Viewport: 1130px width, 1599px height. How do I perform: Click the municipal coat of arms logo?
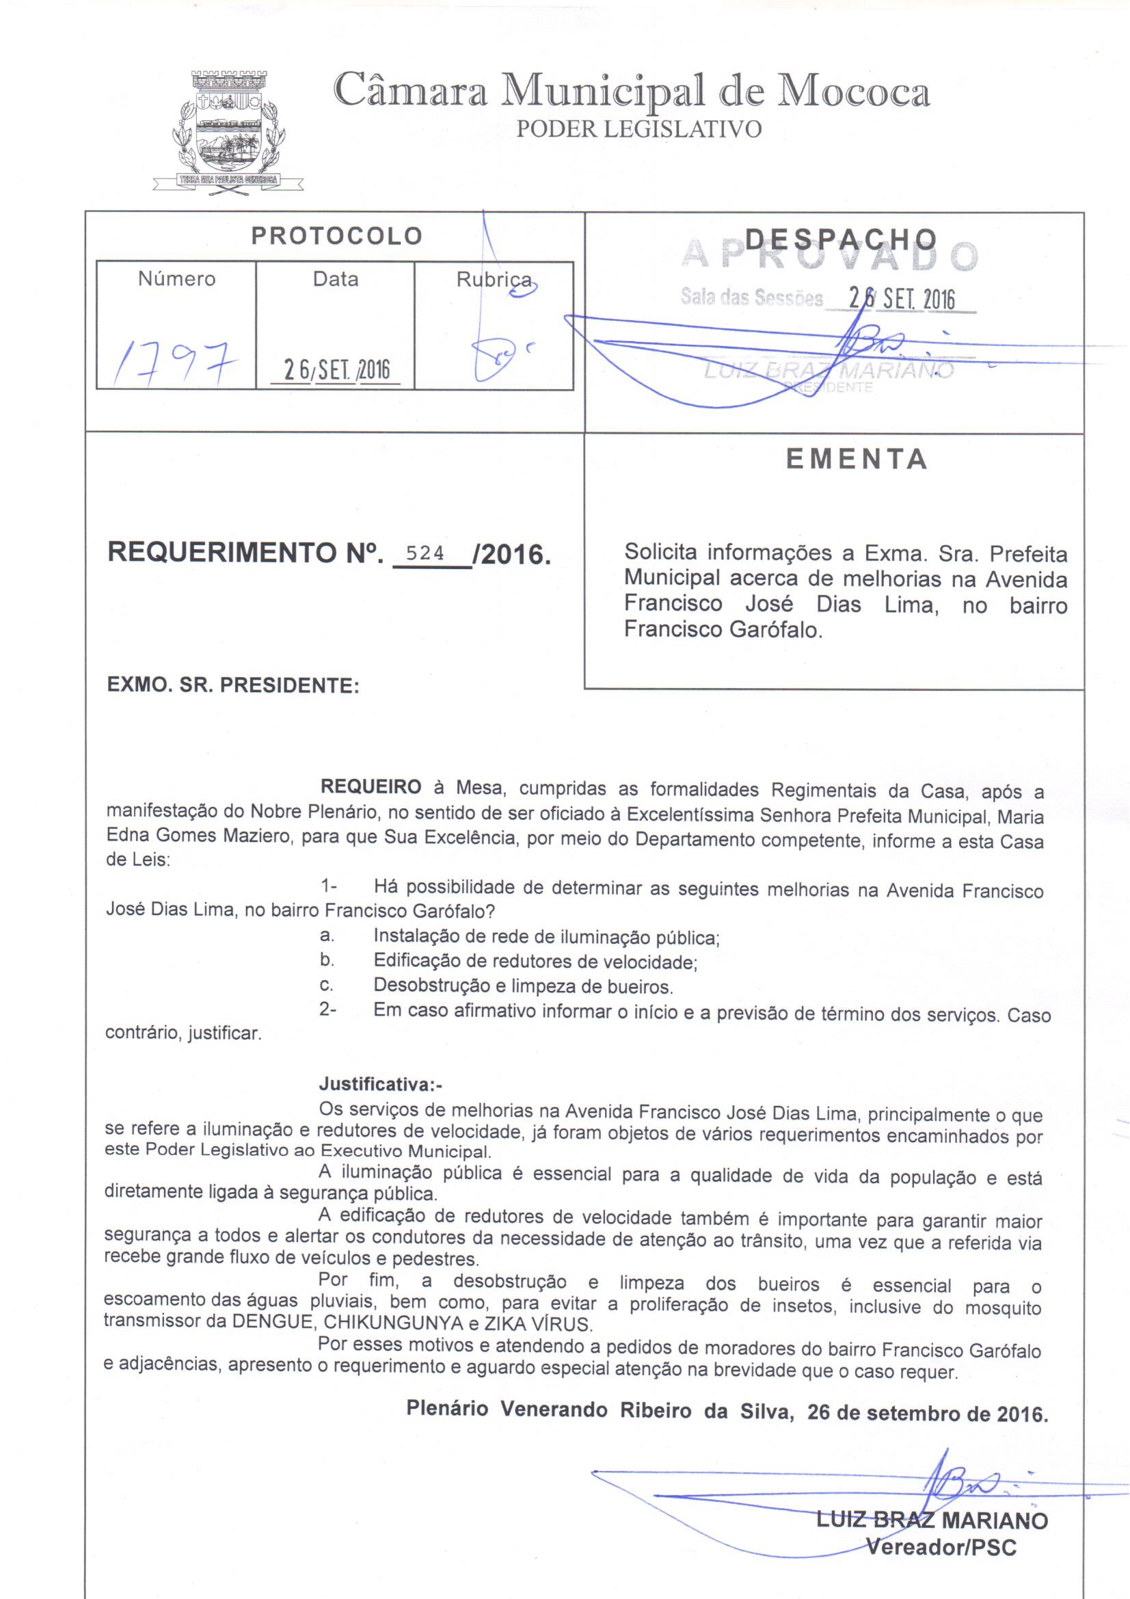[228, 130]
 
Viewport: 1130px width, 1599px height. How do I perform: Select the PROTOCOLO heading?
[336, 236]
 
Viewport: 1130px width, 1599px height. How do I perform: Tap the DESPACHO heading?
[840, 239]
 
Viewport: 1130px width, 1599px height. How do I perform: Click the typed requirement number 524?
[425, 553]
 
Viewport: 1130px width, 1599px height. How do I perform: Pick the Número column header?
[177, 278]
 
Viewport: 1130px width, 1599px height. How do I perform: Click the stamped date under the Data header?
[337, 370]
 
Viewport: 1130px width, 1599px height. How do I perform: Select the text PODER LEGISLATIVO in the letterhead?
[638, 129]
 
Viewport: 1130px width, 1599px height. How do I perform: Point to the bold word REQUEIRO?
[371, 787]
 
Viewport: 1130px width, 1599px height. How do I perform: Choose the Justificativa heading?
[380, 1084]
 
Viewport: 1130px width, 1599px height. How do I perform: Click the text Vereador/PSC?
[941, 1548]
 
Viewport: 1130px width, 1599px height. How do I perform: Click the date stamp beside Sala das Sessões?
[902, 299]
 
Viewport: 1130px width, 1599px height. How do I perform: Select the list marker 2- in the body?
[328, 1009]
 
